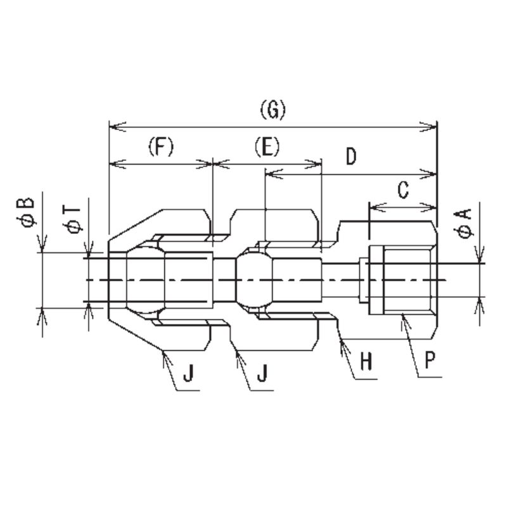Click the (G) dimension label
(273, 110)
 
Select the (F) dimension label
(161, 146)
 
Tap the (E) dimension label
(267, 146)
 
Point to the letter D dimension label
(351, 157)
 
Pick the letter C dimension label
(403, 189)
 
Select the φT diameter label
(74, 219)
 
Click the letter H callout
(367, 361)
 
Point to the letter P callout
(430, 360)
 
